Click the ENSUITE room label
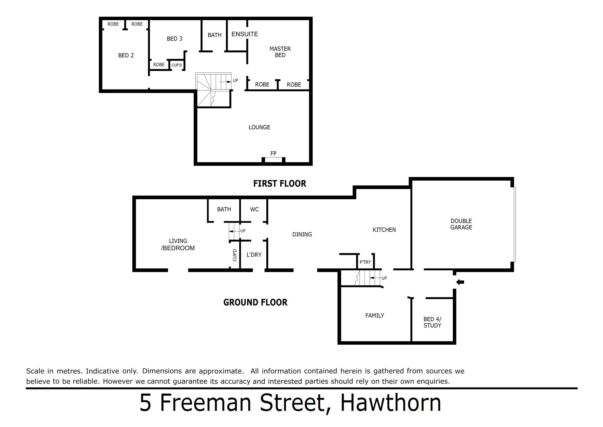pyautogui.click(x=245, y=34)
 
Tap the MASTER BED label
pyautogui.click(x=280, y=52)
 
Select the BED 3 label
pyautogui.click(x=175, y=39)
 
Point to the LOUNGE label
pyautogui.click(x=259, y=127)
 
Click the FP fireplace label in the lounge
pyautogui.click(x=273, y=153)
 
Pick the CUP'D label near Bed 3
pyautogui.click(x=177, y=65)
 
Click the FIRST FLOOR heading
pyautogui.click(x=280, y=183)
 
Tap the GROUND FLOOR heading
pyautogui.click(x=255, y=302)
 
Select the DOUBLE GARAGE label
pyautogui.click(x=461, y=224)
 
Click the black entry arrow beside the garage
pyautogui.click(x=460, y=282)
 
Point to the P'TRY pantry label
pyautogui.click(x=365, y=262)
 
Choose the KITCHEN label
pyautogui.click(x=384, y=230)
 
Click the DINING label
pyautogui.click(x=302, y=234)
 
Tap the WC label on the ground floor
pyautogui.click(x=254, y=209)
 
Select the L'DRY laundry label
pyautogui.click(x=254, y=255)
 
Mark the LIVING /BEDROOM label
pyautogui.click(x=178, y=245)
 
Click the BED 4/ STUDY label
pyautogui.click(x=432, y=322)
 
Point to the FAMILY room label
pyautogui.click(x=375, y=315)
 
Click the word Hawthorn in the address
pyautogui.click(x=391, y=403)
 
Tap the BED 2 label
pyautogui.click(x=126, y=55)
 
